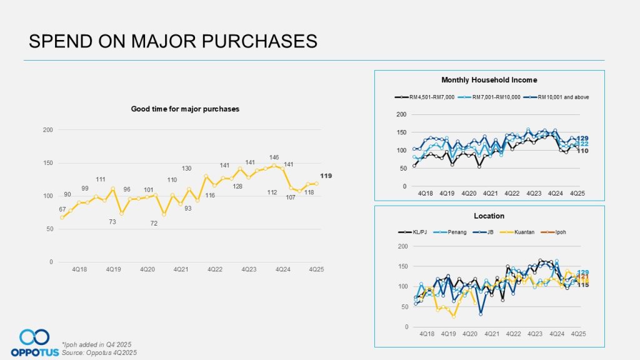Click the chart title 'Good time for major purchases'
(x=185, y=109)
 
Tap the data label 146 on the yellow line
(x=274, y=157)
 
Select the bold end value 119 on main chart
(x=326, y=176)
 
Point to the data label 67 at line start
(x=62, y=209)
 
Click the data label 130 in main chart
(x=187, y=169)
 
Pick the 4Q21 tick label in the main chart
(x=181, y=269)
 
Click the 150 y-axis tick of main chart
(x=47, y=163)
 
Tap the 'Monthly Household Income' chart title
(x=489, y=80)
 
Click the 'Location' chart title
(x=489, y=216)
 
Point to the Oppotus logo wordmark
(x=30, y=352)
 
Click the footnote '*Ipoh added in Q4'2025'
(x=96, y=345)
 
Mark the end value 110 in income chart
(x=582, y=151)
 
